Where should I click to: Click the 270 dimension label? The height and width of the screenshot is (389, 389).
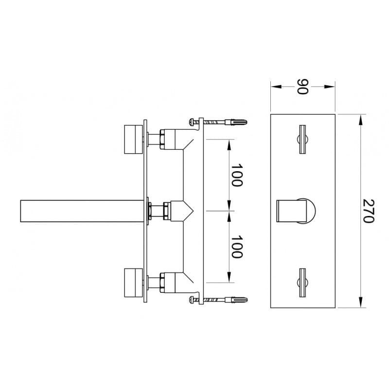click(368, 211)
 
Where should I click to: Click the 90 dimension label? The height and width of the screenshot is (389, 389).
click(302, 87)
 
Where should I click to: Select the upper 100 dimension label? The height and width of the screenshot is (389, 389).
click(236, 175)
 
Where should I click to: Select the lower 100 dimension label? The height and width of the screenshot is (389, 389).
click(236, 247)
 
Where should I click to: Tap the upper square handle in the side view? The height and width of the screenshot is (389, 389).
click(133, 140)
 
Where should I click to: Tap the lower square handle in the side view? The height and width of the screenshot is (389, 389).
click(133, 283)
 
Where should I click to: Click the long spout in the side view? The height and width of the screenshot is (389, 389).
click(82, 211)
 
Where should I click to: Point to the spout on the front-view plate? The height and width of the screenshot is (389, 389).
click(296, 211)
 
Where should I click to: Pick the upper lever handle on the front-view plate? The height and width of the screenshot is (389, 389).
click(302, 140)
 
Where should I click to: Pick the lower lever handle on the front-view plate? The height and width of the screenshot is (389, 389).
click(302, 283)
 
